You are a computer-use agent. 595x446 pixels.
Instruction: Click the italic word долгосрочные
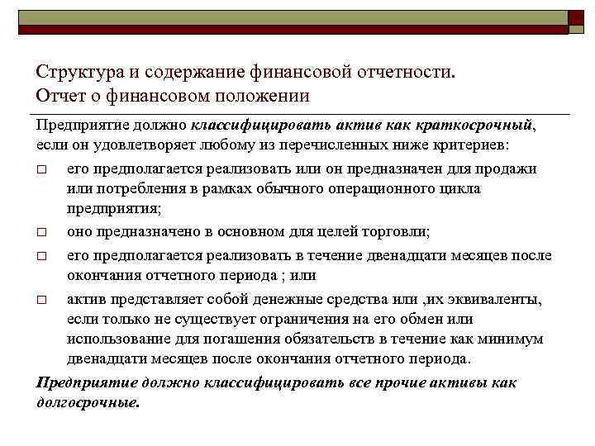[x=89, y=402]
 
